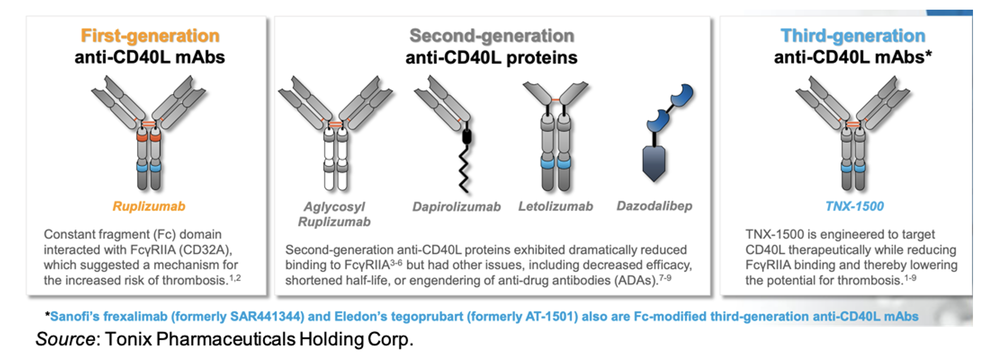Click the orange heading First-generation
(x=150, y=36)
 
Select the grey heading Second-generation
(x=492, y=36)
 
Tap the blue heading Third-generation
(x=853, y=36)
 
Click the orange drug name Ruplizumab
(x=149, y=206)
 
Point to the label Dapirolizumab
(x=456, y=207)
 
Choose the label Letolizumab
(x=556, y=206)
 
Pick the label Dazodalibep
(x=654, y=206)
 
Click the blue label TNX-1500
(x=854, y=206)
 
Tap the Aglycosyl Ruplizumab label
(x=334, y=214)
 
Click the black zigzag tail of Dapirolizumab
(x=464, y=169)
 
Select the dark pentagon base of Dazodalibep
(x=654, y=163)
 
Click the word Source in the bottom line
(x=64, y=339)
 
